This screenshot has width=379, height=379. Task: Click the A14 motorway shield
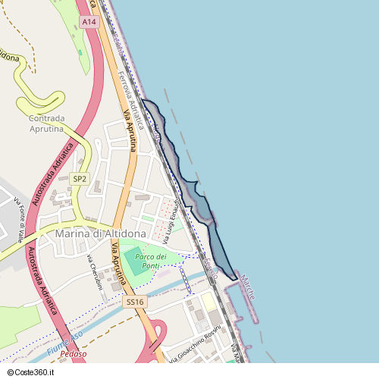click(x=90, y=22)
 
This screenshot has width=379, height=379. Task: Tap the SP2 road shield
click(x=80, y=178)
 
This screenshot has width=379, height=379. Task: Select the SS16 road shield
click(x=135, y=302)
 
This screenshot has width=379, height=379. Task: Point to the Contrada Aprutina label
click(x=56, y=124)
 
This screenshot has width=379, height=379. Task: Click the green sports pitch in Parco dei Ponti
click(x=133, y=257)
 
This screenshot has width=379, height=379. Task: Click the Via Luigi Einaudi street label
click(x=175, y=221)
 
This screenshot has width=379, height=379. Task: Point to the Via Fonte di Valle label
click(x=19, y=215)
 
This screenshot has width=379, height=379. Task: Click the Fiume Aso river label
click(x=64, y=346)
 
